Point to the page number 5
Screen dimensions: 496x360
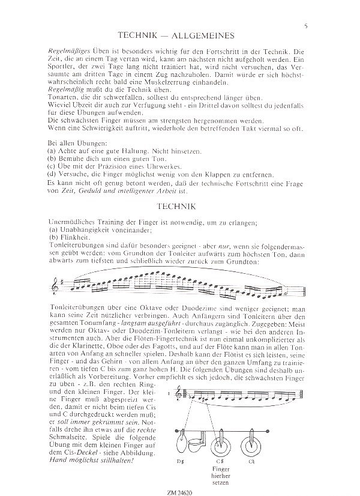click(x=306, y=25)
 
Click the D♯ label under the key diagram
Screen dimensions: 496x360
click(x=179, y=461)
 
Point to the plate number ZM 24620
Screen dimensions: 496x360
click(x=180, y=489)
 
